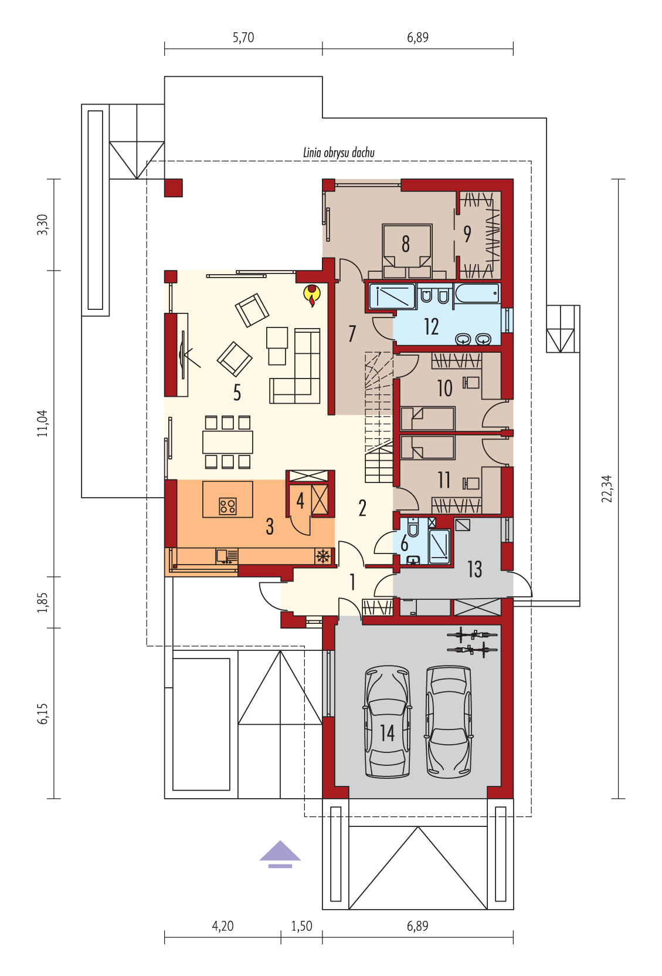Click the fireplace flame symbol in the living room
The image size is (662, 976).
pyautogui.click(x=311, y=295)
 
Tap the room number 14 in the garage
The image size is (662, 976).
pyautogui.click(x=388, y=732)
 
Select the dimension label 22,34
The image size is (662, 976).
pyautogui.click(x=606, y=488)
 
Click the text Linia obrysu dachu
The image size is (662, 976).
pyautogui.click(x=338, y=153)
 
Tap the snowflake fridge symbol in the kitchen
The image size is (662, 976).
pyautogui.click(x=322, y=556)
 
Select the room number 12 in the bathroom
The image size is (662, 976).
pyautogui.click(x=432, y=326)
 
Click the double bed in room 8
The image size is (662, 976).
pyautogui.click(x=407, y=251)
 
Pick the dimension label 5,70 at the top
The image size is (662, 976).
pyautogui.click(x=243, y=38)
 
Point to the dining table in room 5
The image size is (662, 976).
pyautogui.click(x=227, y=442)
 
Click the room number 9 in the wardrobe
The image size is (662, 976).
pyautogui.click(x=467, y=234)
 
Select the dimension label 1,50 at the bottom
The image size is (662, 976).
pyautogui.click(x=301, y=926)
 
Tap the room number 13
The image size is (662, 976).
pyautogui.click(x=474, y=569)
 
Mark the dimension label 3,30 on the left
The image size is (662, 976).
pyautogui.click(x=43, y=225)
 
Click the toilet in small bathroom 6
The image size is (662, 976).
pyautogui.click(x=413, y=527)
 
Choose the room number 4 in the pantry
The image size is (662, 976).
pyautogui.click(x=300, y=501)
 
